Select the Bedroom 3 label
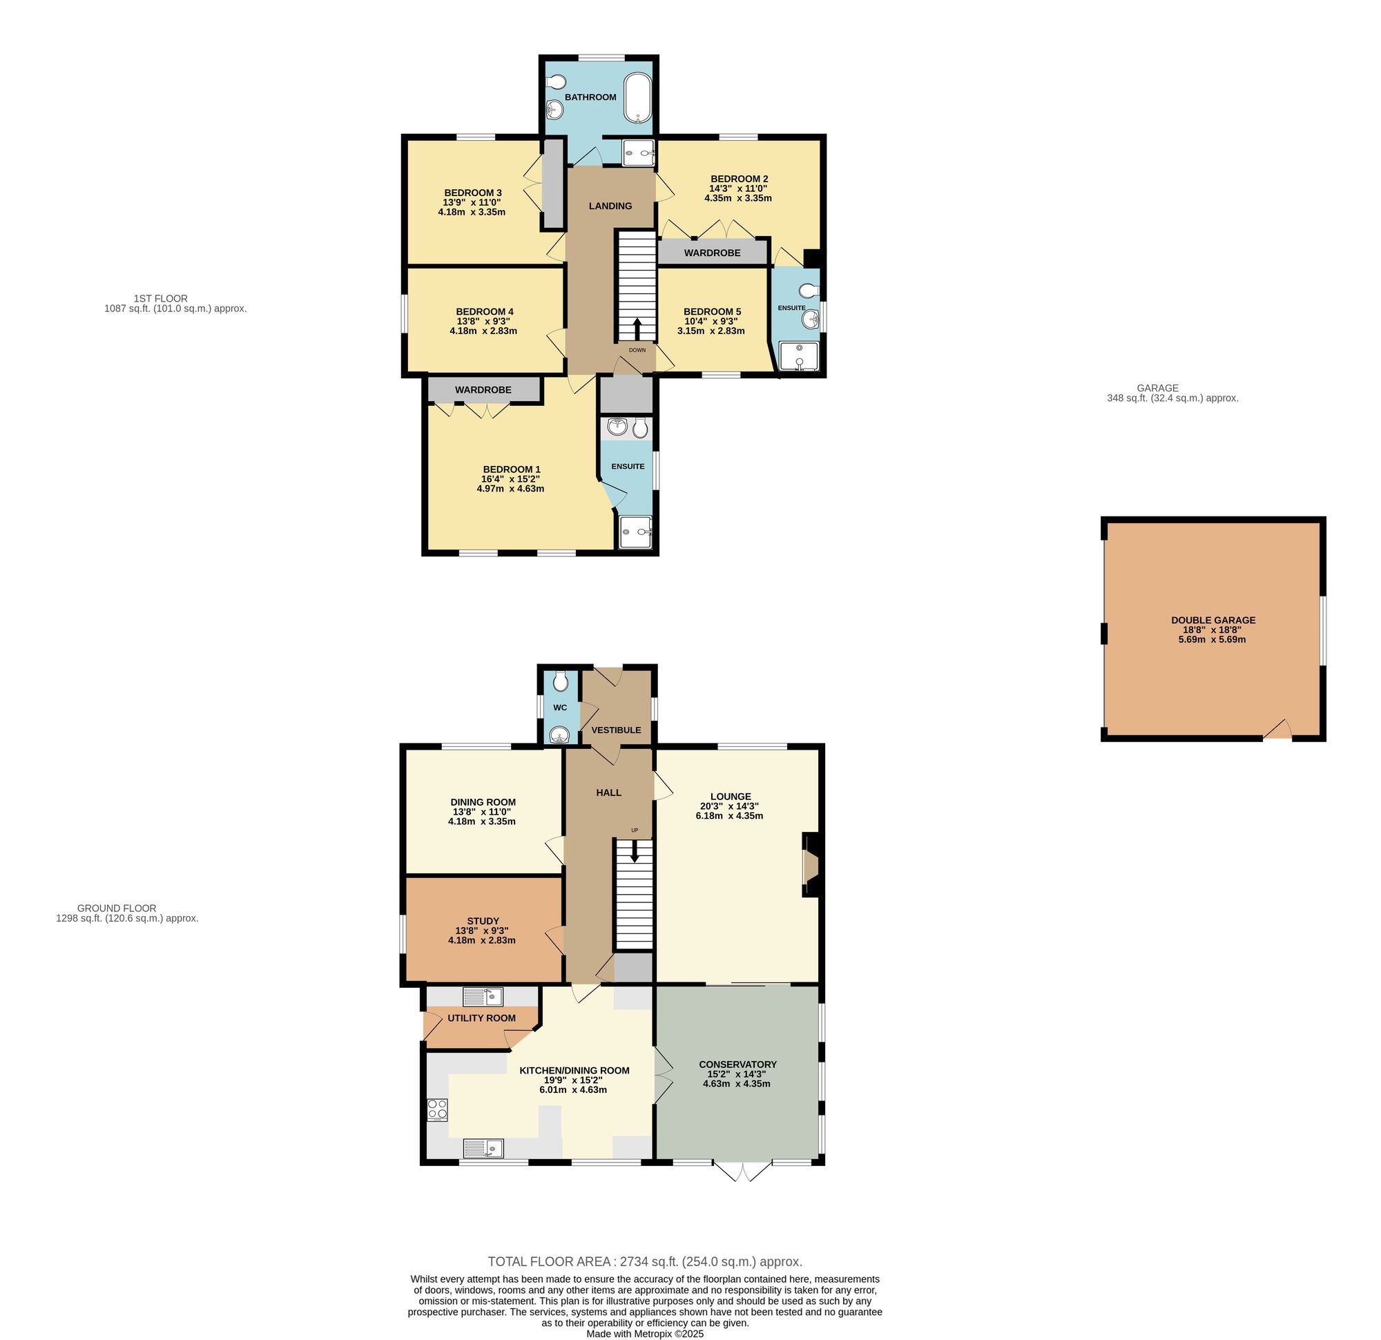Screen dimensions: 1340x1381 click(473, 193)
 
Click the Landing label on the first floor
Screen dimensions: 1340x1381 click(610, 206)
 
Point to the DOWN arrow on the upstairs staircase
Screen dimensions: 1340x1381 click(637, 329)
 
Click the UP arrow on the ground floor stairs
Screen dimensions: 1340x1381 click(635, 851)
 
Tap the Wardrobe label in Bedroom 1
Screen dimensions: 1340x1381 click(483, 389)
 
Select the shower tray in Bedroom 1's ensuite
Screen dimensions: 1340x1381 click(635, 532)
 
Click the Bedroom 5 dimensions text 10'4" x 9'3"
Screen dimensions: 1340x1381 click(711, 321)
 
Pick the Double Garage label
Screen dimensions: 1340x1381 click(1213, 620)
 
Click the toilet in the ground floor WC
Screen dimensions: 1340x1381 click(561, 681)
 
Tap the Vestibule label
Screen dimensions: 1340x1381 click(616, 730)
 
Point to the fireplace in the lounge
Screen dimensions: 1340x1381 click(810, 865)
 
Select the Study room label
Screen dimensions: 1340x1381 click(483, 921)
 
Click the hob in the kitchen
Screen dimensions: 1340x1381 click(438, 1109)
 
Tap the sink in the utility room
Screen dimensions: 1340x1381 click(483, 997)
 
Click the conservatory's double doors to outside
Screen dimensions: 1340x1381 click(743, 1170)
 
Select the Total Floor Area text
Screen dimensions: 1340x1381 click(645, 1262)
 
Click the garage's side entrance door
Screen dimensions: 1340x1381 click(1277, 732)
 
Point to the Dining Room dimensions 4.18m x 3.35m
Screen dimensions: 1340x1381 click(482, 821)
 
